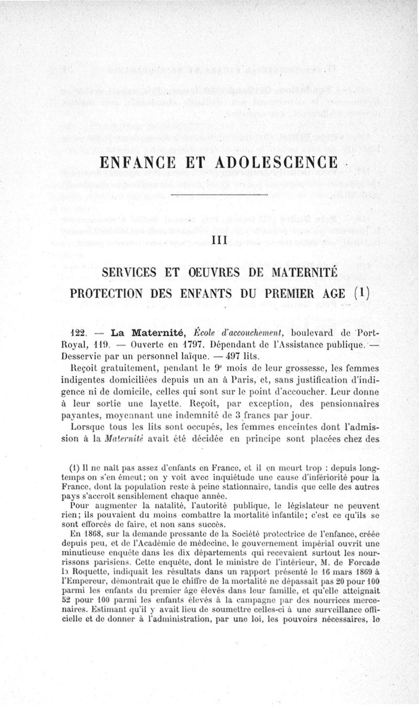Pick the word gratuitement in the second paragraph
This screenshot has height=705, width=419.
tap(124, 370)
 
